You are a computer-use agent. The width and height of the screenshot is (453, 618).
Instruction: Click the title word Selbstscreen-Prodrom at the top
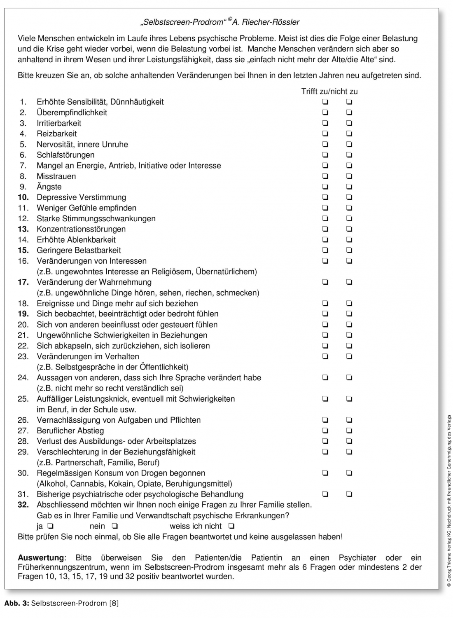pos(183,22)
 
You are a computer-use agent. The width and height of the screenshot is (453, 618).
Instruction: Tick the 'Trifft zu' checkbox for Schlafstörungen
pos(325,155)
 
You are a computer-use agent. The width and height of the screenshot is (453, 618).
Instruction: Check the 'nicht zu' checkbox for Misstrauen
pos(350,176)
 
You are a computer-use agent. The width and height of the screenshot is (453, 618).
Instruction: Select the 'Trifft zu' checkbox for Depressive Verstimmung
pos(325,197)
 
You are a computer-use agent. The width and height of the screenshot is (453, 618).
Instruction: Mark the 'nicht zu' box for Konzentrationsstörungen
pos(350,229)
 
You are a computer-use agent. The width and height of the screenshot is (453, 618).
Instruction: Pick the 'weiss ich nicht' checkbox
pos(231,526)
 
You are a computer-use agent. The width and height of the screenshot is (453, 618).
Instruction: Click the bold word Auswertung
pos(41,558)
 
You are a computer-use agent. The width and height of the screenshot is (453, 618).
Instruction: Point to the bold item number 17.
pos(23,282)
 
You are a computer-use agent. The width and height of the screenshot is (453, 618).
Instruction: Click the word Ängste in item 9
pos(49,187)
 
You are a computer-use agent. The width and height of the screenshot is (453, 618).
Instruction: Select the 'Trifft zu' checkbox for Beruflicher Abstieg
pos(325,431)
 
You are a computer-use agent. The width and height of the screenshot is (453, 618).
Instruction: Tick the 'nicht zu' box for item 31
pos(350,494)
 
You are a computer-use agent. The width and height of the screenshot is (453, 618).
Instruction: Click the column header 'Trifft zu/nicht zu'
pos(329,91)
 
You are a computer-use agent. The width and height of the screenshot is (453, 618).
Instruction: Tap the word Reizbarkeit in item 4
pos(56,133)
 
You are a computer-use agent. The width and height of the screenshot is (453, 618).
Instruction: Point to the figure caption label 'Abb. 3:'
pos(16,604)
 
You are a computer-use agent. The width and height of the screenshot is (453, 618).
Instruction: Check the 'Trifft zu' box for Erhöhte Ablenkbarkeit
pos(325,240)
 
